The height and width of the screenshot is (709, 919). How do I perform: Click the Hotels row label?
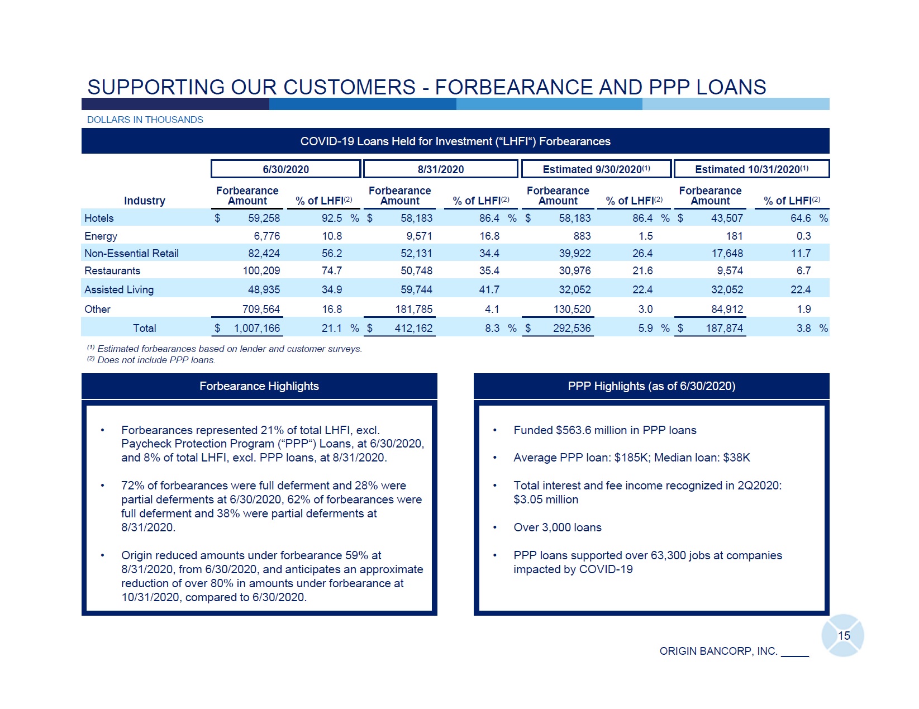[x=99, y=218]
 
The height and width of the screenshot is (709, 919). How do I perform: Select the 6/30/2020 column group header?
[x=285, y=169]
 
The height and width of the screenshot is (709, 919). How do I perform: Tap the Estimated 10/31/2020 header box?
[x=751, y=169]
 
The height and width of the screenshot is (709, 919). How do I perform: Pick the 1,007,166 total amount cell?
[x=256, y=328]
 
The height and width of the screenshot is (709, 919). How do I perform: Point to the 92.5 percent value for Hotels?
[x=332, y=218]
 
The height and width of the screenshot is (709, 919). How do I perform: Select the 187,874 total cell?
[x=724, y=328]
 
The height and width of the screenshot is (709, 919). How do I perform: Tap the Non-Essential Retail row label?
[x=131, y=254]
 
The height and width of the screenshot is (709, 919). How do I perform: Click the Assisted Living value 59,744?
[x=416, y=289]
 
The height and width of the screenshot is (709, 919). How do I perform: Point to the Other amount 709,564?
[x=261, y=309]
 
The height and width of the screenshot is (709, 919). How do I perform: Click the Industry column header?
[x=144, y=201]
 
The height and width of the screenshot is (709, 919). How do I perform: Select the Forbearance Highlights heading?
[x=259, y=386]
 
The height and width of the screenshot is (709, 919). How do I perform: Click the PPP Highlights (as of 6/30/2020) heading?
[x=651, y=386]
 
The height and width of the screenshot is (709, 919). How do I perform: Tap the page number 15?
[x=844, y=636]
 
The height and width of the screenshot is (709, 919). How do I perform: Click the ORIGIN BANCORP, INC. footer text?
[x=718, y=651]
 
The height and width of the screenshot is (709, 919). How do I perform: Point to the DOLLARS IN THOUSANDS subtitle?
[x=145, y=120]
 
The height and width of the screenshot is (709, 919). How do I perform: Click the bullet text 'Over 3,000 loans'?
[x=557, y=527]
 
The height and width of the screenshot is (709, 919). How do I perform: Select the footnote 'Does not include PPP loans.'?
[x=156, y=360]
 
